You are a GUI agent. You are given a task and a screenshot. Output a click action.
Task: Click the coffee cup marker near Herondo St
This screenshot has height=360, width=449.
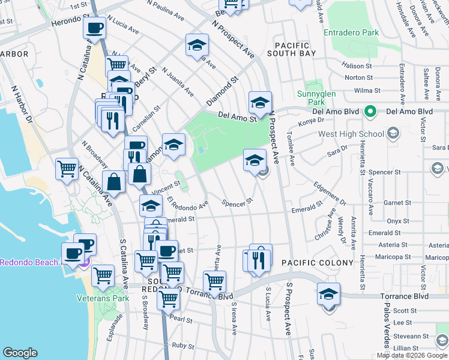click(95, 28)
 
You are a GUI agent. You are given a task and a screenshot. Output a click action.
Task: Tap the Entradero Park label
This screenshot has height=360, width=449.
click(351, 32)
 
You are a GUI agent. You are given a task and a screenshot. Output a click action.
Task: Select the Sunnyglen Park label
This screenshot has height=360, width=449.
click(312, 98)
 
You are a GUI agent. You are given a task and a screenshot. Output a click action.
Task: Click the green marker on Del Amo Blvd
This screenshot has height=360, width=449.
click(371, 111)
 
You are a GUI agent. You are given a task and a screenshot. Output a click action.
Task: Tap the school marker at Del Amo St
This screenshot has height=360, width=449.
click(260, 103)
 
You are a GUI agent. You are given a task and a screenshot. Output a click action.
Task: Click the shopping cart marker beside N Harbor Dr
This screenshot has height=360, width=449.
click(67, 169)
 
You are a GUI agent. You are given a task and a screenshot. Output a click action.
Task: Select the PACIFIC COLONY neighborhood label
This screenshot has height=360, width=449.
click(309, 263)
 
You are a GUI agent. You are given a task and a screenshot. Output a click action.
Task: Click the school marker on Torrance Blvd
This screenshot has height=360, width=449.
click(328, 295)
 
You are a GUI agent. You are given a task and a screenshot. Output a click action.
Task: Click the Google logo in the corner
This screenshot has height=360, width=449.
click(20, 353)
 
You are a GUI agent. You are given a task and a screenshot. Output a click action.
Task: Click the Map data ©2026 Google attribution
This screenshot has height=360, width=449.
click(412, 355)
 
